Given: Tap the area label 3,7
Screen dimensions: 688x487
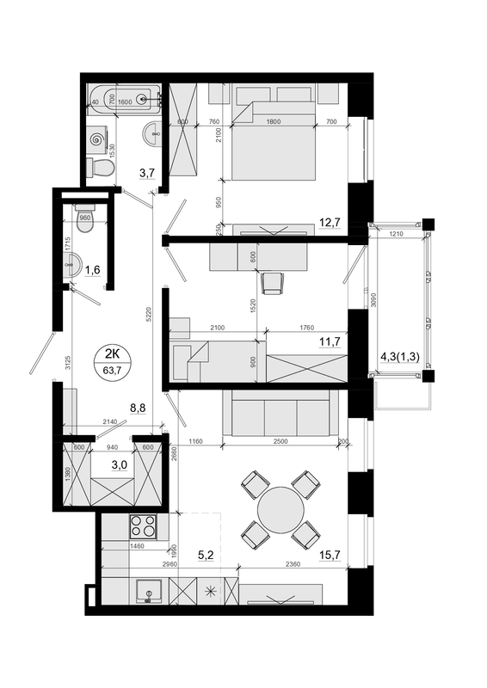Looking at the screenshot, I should click(x=147, y=173).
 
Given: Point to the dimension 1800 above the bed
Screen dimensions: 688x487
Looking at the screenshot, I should click(x=274, y=122).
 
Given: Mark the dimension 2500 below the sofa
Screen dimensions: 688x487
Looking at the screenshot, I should click(x=274, y=442).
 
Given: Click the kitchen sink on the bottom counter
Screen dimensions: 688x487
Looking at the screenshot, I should click(x=151, y=593).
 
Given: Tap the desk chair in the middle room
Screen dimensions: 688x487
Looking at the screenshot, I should click(x=273, y=282).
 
